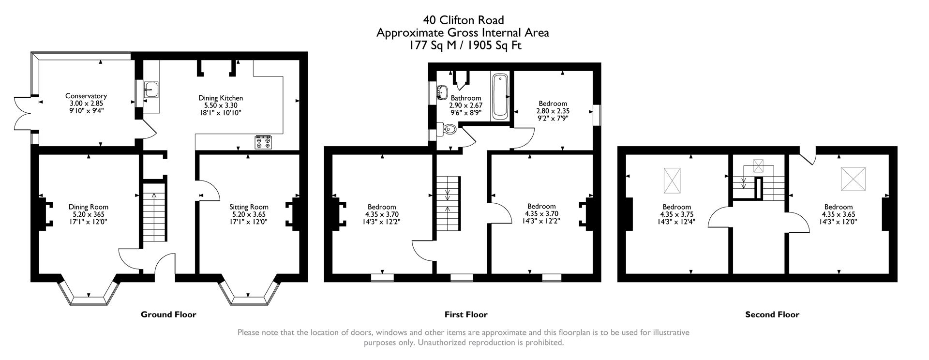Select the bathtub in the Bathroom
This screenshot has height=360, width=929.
pyautogui.click(x=499, y=97)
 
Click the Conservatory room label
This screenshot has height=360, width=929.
pyautogui.click(x=86, y=96)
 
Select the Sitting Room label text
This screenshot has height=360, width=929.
pyautogui.click(x=249, y=207)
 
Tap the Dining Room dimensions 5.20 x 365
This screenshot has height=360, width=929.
pyautogui.click(x=88, y=214)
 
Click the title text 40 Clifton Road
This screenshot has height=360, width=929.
pyautogui.click(x=463, y=20)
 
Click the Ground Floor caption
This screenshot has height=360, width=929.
pyautogui.click(x=168, y=315)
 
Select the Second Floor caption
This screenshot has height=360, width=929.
pyautogui.click(x=772, y=315)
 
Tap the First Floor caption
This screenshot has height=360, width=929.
pyautogui.click(x=465, y=315)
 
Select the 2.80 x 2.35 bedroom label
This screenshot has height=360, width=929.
pyautogui.click(x=553, y=104)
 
